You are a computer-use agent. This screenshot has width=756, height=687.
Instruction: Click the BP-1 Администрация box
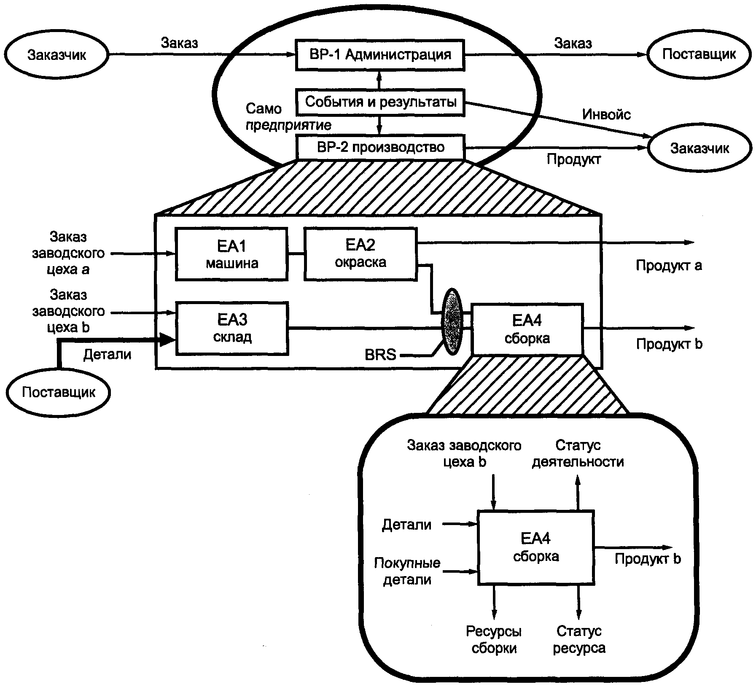point(379,55)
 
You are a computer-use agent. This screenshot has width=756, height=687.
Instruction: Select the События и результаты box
point(380,102)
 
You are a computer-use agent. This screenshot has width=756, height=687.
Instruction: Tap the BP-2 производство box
point(380,147)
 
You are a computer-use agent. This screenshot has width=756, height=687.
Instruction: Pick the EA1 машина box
point(231,254)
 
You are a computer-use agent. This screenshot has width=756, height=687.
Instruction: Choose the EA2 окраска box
point(361,253)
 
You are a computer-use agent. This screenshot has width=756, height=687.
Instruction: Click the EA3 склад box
point(232,328)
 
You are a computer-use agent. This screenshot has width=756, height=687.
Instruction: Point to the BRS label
point(380,355)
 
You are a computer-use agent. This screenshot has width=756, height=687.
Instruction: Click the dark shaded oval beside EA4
point(452,321)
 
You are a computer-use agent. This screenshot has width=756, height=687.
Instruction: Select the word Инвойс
point(606,114)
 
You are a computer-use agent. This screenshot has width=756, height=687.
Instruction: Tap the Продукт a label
point(669,265)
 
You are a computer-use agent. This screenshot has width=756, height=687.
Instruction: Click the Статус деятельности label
point(578,453)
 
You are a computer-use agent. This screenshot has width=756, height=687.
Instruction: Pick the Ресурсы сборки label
point(494,639)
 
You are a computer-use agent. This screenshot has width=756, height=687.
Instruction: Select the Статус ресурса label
point(579,639)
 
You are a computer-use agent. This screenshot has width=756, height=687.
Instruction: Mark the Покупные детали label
point(407,571)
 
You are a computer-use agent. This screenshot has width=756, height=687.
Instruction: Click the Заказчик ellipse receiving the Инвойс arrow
point(700,148)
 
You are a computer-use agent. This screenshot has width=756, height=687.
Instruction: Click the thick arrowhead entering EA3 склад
point(168,339)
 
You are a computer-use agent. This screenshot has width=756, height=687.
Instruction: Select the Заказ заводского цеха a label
point(68,253)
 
